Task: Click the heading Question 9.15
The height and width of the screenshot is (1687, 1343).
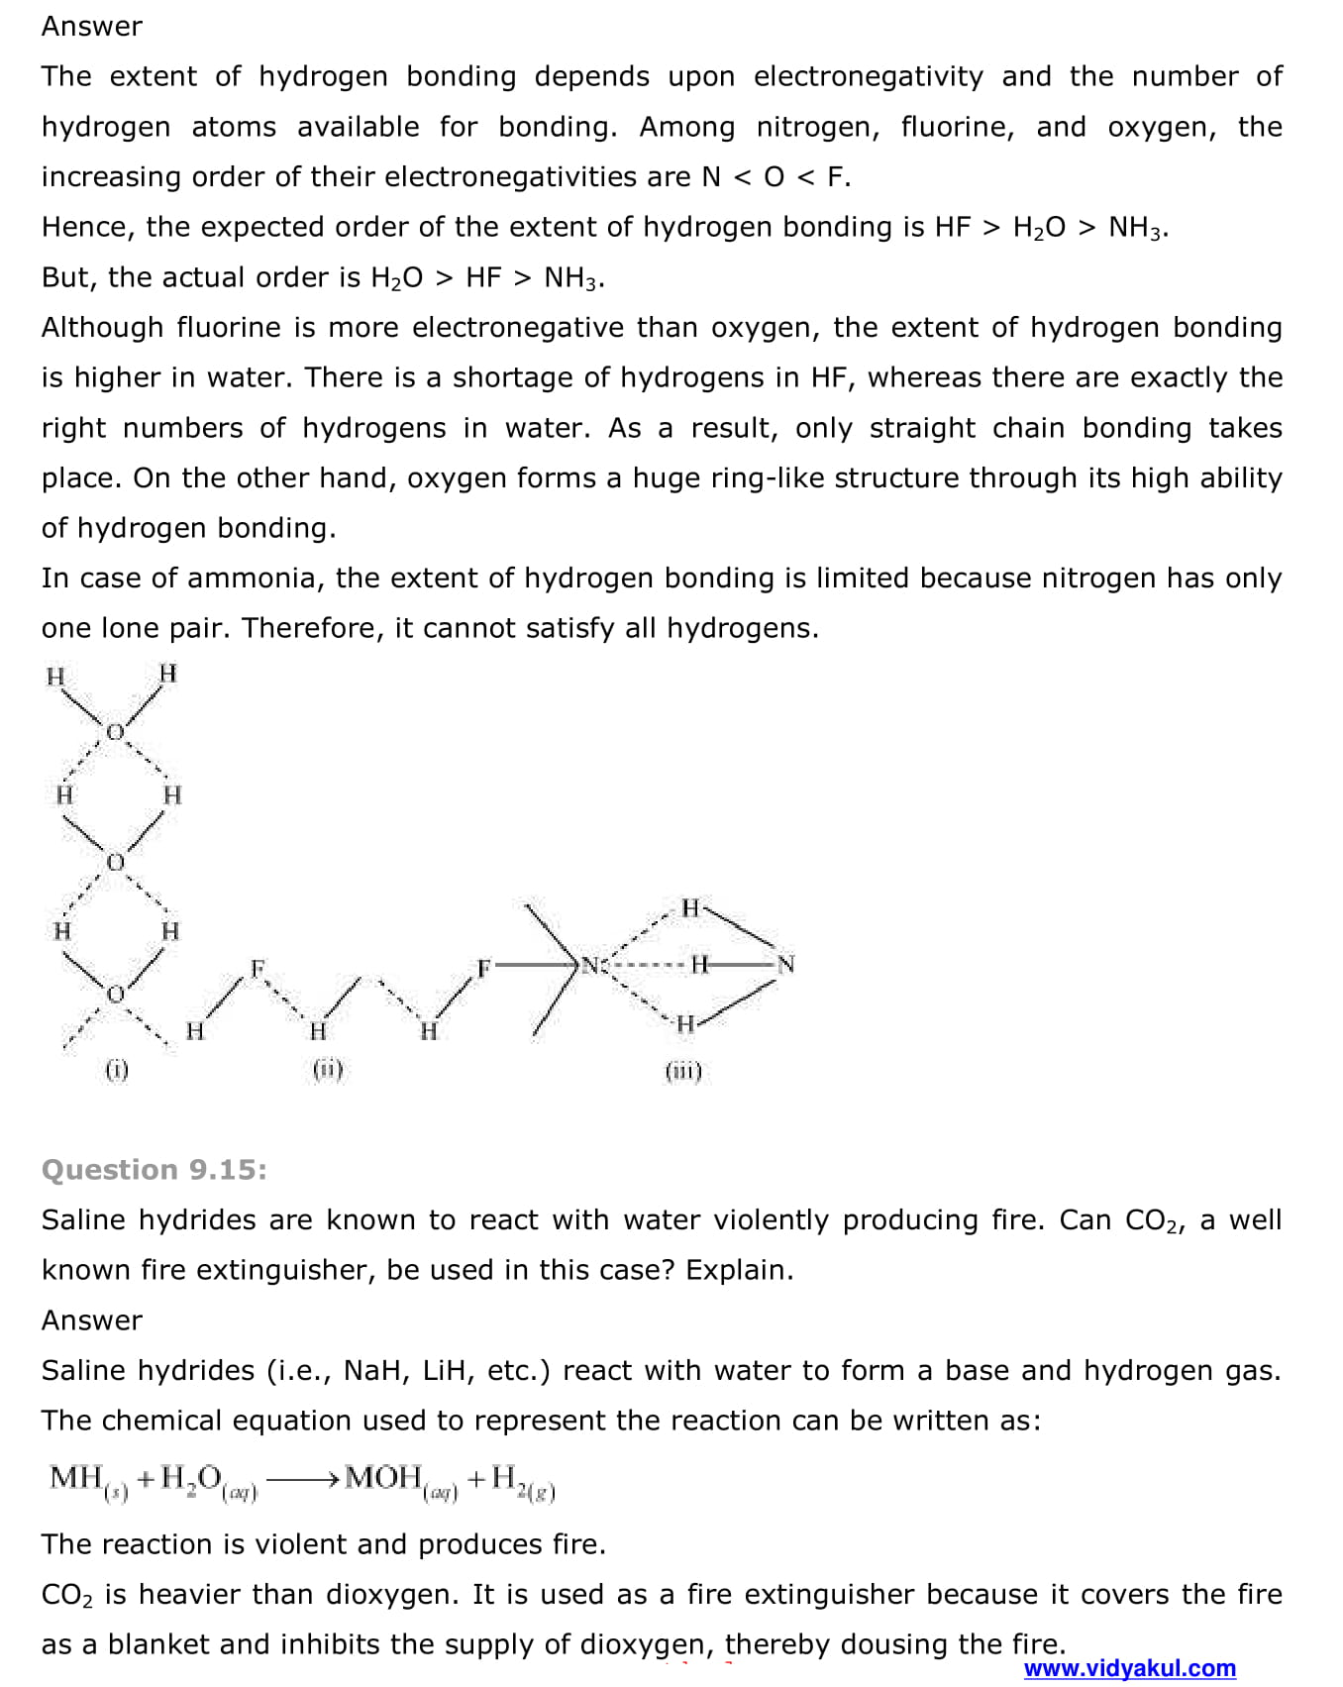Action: pyautogui.click(x=154, y=1170)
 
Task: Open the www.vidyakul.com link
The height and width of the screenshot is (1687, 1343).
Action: pyautogui.click(x=1129, y=1668)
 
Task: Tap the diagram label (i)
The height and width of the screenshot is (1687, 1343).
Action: pyautogui.click(x=117, y=1069)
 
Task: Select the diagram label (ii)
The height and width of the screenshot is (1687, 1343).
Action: pyautogui.click(x=328, y=1069)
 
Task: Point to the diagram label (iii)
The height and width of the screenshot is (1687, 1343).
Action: pyautogui.click(x=683, y=1071)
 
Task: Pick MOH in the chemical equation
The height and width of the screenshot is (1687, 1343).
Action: pyautogui.click(x=383, y=1477)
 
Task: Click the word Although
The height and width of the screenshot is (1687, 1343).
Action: pyautogui.click(x=102, y=327)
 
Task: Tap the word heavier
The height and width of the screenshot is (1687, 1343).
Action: pyautogui.click(x=190, y=1594)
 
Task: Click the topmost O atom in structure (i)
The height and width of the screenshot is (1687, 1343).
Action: pyautogui.click(x=115, y=732)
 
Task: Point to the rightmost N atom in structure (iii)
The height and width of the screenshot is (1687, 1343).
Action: pyautogui.click(x=785, y=964)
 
